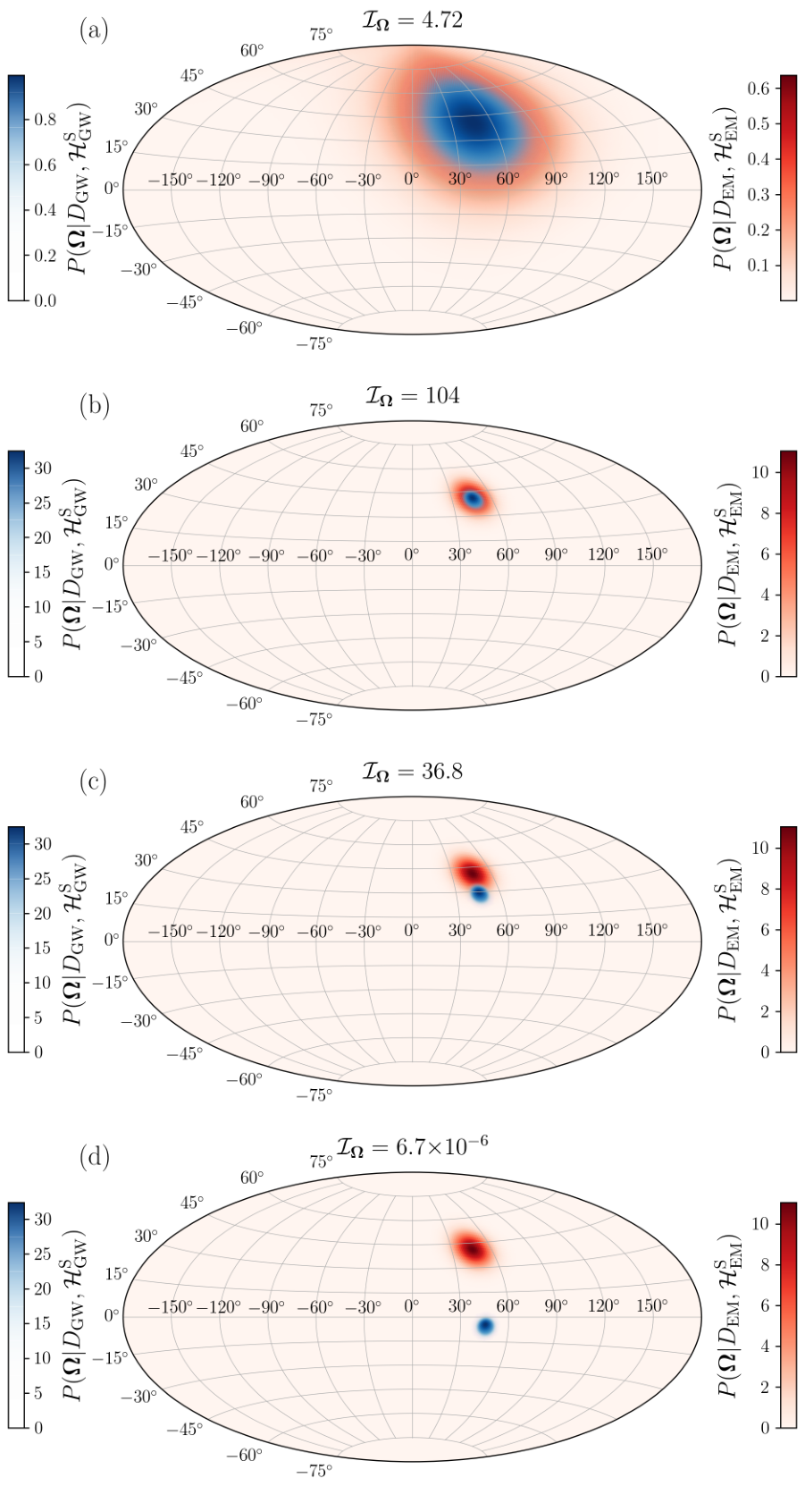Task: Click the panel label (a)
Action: [x=93, y=31]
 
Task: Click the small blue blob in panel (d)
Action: [x=485, y=1325]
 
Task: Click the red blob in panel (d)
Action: [x=474, y=1249]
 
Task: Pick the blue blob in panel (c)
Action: [x=479, y=893]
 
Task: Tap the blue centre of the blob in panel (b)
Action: [x=474, y=499]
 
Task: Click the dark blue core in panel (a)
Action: [x=474, y=123]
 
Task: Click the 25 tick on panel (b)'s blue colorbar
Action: [x=42, y=502]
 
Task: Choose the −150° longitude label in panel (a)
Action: [x=171, y=179]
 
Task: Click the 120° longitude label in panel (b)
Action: [x=604, y=554]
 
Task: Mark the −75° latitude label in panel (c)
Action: [x=314, y=1095]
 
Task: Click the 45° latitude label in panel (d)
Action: [x=192, y=1202]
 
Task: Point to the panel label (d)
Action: [x=93, y=1159]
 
